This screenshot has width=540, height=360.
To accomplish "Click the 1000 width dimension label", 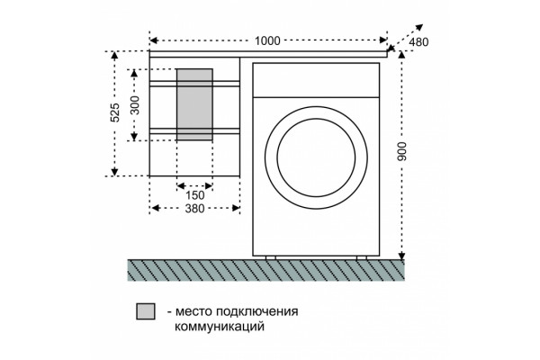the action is coord(267,40).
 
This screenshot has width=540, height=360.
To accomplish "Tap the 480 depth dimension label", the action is coord(418,42).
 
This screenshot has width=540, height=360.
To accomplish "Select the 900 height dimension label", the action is coord(402,151).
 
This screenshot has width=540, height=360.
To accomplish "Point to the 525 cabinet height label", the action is coord(114,112).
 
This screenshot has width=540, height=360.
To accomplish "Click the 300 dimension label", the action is coord(135,105).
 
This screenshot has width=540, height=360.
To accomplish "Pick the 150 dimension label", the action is coord(195,195).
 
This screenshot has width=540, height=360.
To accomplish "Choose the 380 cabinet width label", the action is coord(195,208).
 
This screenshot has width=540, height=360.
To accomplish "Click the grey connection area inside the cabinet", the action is coord(194,104).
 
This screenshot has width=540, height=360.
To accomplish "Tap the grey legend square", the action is coord(146,311).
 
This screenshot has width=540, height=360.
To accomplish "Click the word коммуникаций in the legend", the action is coord(220,326).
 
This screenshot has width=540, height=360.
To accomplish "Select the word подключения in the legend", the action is coord(256,311).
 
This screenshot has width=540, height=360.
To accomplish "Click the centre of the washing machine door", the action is coord(316,157).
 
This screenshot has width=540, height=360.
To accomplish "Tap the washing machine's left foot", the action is coord(270,257).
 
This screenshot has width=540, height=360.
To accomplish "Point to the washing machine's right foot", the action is coord(362,257).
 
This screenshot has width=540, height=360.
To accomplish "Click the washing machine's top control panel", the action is coord(316,80).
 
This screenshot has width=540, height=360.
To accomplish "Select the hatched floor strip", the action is coord(265,270).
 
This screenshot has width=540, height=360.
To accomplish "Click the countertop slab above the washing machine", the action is coord(268,54).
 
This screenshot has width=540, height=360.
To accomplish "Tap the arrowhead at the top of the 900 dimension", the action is coord(401,55).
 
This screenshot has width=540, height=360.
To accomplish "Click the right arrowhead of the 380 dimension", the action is coord(236,208).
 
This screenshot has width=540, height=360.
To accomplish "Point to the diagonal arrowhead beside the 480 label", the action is coord(419,28).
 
